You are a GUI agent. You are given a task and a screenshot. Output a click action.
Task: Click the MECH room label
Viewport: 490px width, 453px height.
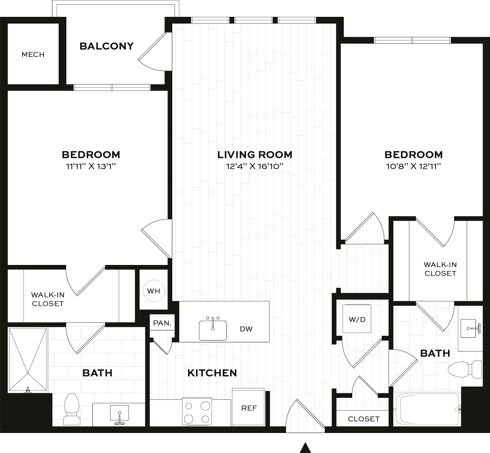33,54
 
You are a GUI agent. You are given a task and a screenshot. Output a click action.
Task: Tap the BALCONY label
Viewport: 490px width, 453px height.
107,46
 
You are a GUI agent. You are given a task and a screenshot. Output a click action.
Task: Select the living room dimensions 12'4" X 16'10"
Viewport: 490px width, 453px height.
254,166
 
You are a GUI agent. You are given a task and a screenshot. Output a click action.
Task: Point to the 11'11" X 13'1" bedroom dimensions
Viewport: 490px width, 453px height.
91,166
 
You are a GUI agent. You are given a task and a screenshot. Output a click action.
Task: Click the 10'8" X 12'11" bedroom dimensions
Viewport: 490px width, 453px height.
413,166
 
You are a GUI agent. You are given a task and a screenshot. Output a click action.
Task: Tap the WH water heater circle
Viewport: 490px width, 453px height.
154,291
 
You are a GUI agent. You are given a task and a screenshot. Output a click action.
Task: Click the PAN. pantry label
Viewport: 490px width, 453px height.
162,323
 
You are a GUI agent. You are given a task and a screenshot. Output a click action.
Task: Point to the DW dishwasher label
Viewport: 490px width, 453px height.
246,329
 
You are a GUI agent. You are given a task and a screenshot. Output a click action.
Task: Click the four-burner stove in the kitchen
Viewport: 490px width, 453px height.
197,411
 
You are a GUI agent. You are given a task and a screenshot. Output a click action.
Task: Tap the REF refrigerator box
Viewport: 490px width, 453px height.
248,407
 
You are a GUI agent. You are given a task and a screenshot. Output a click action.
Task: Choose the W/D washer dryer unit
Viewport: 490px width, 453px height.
357,318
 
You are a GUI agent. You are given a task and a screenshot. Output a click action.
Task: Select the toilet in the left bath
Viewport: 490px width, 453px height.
72,409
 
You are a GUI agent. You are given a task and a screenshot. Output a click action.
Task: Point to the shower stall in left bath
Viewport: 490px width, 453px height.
28,360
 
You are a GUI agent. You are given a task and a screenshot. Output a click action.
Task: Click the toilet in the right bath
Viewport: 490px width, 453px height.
465,369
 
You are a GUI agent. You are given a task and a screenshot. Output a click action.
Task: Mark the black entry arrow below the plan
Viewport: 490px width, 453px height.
305,448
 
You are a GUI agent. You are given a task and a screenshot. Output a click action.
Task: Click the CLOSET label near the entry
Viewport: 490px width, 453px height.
364,419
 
